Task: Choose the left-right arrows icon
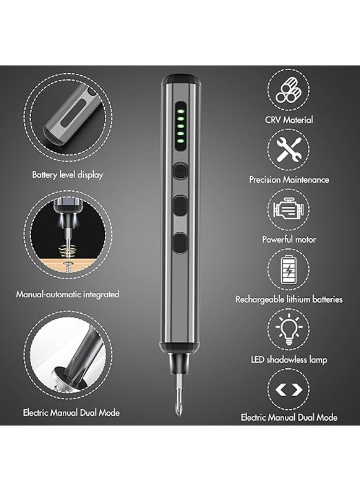click(x=289, y=390)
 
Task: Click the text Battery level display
click(x=68, y=175)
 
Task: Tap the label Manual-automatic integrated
click(x=68, y=294)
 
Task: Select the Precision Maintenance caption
click(x=289, y=179)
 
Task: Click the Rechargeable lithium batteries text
click(x=289, y=299)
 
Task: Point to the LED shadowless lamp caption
click(x=289, y=360)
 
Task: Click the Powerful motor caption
click(x=289, y=239)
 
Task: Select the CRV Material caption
click(x=289, y=119)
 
